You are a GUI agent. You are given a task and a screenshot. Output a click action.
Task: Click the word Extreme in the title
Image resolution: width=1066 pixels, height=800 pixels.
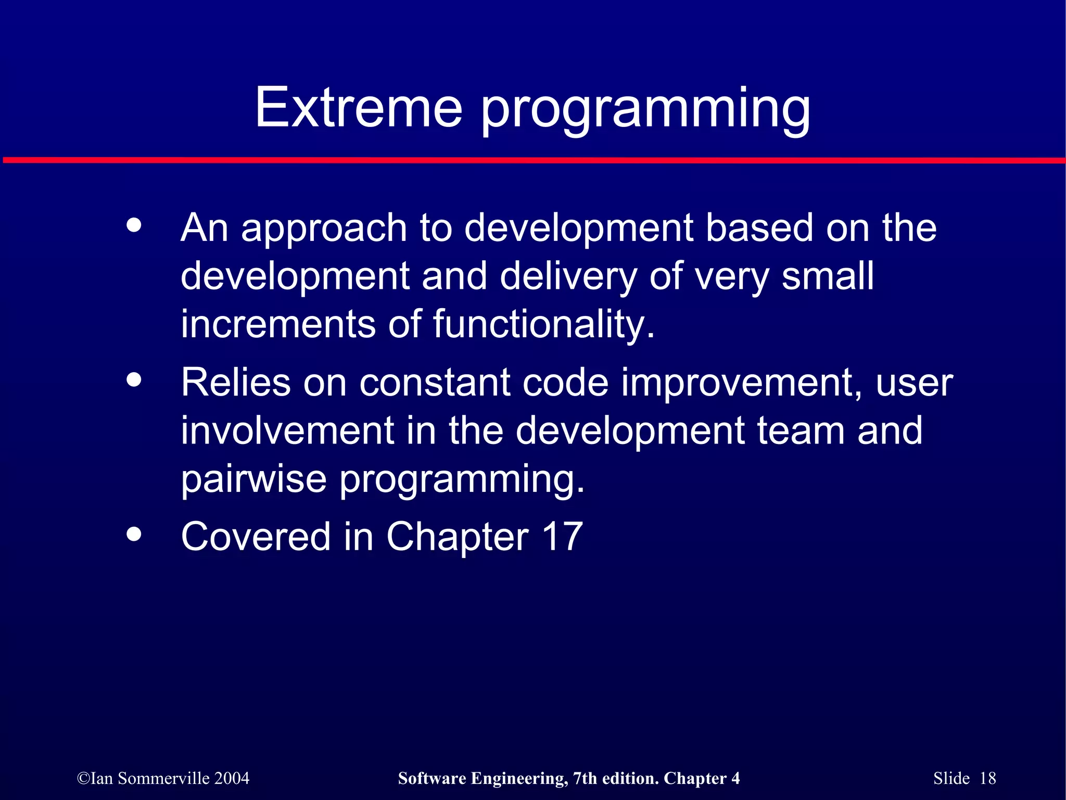pyautogui.click(x=358, y=108)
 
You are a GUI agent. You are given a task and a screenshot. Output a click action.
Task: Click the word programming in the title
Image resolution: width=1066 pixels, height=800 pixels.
pyautogui.click(x=645, y=109)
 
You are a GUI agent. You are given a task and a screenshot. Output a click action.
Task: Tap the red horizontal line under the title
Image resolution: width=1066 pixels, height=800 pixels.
pyautogui.click(x=533, y=160)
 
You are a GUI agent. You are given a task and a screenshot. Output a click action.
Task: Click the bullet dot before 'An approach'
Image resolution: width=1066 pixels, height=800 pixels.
pyautogui.click(x=134, y=225)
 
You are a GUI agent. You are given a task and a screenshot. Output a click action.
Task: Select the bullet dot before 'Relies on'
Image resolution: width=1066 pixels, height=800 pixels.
pyautogui.click(x=134, y=379)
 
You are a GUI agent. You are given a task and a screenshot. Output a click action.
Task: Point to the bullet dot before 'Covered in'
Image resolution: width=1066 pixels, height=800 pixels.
pyautogui.click(x=134, y=534)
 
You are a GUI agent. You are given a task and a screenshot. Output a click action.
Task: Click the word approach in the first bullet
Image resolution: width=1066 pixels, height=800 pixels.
pyautogui.click(x=324, y=229)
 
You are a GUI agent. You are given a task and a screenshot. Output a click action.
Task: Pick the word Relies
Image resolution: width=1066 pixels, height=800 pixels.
pyautogui.click(x=235, y=383)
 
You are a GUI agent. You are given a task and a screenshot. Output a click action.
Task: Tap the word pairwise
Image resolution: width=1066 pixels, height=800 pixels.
pyautogui.click(x=253, y=479)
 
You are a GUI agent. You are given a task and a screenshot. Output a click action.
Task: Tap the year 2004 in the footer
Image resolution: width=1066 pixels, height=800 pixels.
pyautogui.click(x=232, y=778)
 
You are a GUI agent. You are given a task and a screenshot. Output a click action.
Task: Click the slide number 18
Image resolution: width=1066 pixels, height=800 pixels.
pyautogui.click(x=987, y=778)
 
